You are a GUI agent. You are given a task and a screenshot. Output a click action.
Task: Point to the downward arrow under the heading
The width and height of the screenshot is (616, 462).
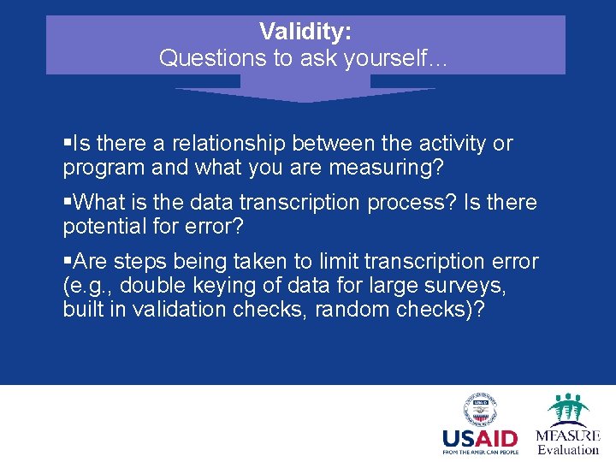305,90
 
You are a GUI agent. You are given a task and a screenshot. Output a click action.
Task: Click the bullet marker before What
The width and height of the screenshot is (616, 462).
68,203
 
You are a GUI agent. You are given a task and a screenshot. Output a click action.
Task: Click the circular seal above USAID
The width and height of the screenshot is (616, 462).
480,410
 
